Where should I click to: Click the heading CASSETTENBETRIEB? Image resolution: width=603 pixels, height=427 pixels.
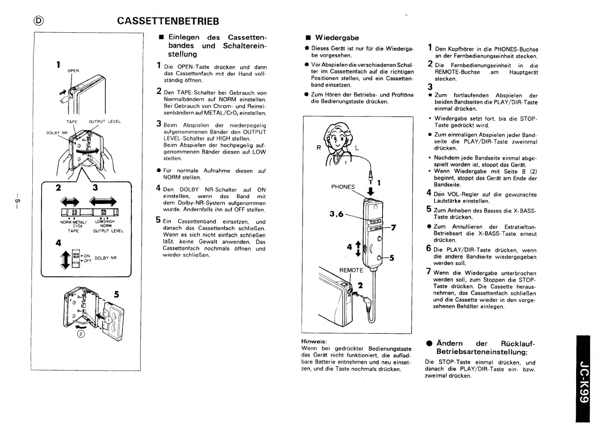coord(168,21)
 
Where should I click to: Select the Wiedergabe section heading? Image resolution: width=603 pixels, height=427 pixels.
coord(337,38)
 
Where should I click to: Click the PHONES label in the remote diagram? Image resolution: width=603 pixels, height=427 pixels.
coord(343,187)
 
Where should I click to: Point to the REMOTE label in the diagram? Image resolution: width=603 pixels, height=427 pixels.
coord(351,270)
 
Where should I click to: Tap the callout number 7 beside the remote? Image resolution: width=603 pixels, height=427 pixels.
coord(393,228)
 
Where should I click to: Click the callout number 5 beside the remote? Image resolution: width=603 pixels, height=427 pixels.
coord(392,258)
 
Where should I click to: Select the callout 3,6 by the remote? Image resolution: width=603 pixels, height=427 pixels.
coord(336,214)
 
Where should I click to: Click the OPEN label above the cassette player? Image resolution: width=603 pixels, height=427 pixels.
coord(73,71)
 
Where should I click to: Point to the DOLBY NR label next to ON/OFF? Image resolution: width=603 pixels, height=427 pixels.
coord(106,258)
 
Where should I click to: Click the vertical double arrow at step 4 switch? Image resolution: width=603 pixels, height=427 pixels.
coord(65,260)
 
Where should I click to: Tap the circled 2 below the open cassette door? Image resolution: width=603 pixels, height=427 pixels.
coord(81,334)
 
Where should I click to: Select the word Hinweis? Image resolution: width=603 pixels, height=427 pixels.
coord(314,341)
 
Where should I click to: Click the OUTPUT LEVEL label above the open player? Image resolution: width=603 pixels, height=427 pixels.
coord(105,122)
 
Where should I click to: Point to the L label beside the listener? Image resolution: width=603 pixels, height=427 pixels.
coord(357,148)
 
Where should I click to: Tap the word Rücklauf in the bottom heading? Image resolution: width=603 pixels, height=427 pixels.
coord(518,343)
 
